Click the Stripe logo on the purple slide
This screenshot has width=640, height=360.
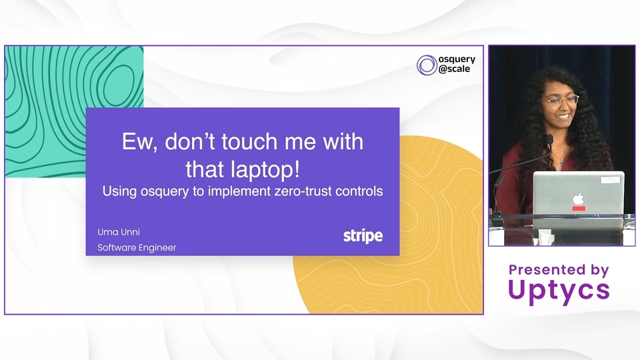[363, 236]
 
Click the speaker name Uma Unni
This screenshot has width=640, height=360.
[119, 232]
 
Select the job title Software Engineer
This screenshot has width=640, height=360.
[137, 247]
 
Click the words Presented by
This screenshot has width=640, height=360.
[559, 269]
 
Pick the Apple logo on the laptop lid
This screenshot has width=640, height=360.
[578, 199]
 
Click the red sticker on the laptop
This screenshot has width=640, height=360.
[579, 209]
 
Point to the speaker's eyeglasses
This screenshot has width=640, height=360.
[561, 101]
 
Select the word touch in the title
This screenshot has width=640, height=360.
[249, 141]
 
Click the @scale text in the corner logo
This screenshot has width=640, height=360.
[454, 69]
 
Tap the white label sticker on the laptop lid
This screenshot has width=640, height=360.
[610, 179]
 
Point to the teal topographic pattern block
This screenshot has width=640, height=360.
[74, 111]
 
